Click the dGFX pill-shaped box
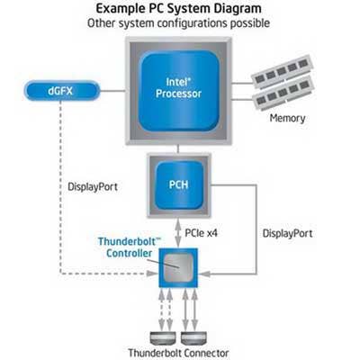tap(62, 91)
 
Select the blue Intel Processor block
tap(179, 91)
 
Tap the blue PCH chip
tap(179, 185)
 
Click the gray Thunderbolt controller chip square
tap(178, 267)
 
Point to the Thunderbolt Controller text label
tap(130, 247)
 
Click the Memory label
tap(287, 118)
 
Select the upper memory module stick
tap(283, 71)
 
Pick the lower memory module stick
tap(283, 93)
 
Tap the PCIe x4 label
tap(201, 233)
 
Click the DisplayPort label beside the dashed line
tap(93, 187)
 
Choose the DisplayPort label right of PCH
tap(287, 233)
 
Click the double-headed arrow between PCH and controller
tap(178, 233)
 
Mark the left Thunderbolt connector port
tap(162, 338)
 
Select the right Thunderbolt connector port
tap(193, 338)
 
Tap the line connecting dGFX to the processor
tap(112, 91)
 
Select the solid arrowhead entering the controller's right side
tap(204, 274)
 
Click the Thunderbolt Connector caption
tap(178, 353)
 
